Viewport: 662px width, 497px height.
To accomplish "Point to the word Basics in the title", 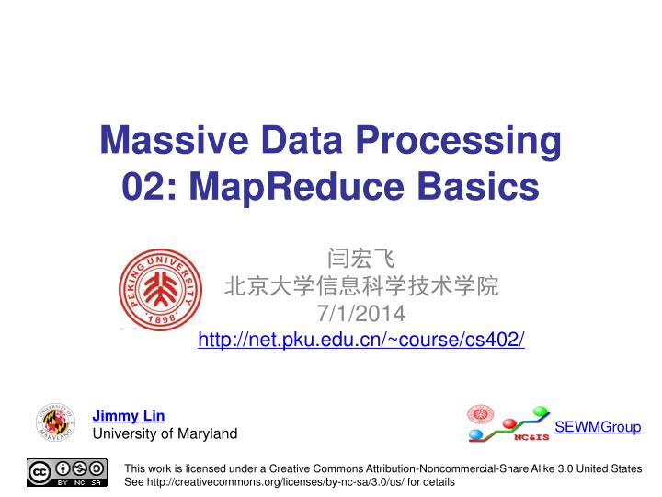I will coord(479,187).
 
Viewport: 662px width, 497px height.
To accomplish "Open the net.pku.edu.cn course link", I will coord(362,341).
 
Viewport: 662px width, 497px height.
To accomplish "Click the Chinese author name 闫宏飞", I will coord(361,260).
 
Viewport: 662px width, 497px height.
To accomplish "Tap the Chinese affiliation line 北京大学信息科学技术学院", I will coord(361,287).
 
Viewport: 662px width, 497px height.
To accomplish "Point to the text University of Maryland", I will coord(165,433).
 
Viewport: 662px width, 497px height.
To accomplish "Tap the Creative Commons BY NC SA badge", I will coord(67,472).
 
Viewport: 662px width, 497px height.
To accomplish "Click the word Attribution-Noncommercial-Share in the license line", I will coord(467,468).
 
